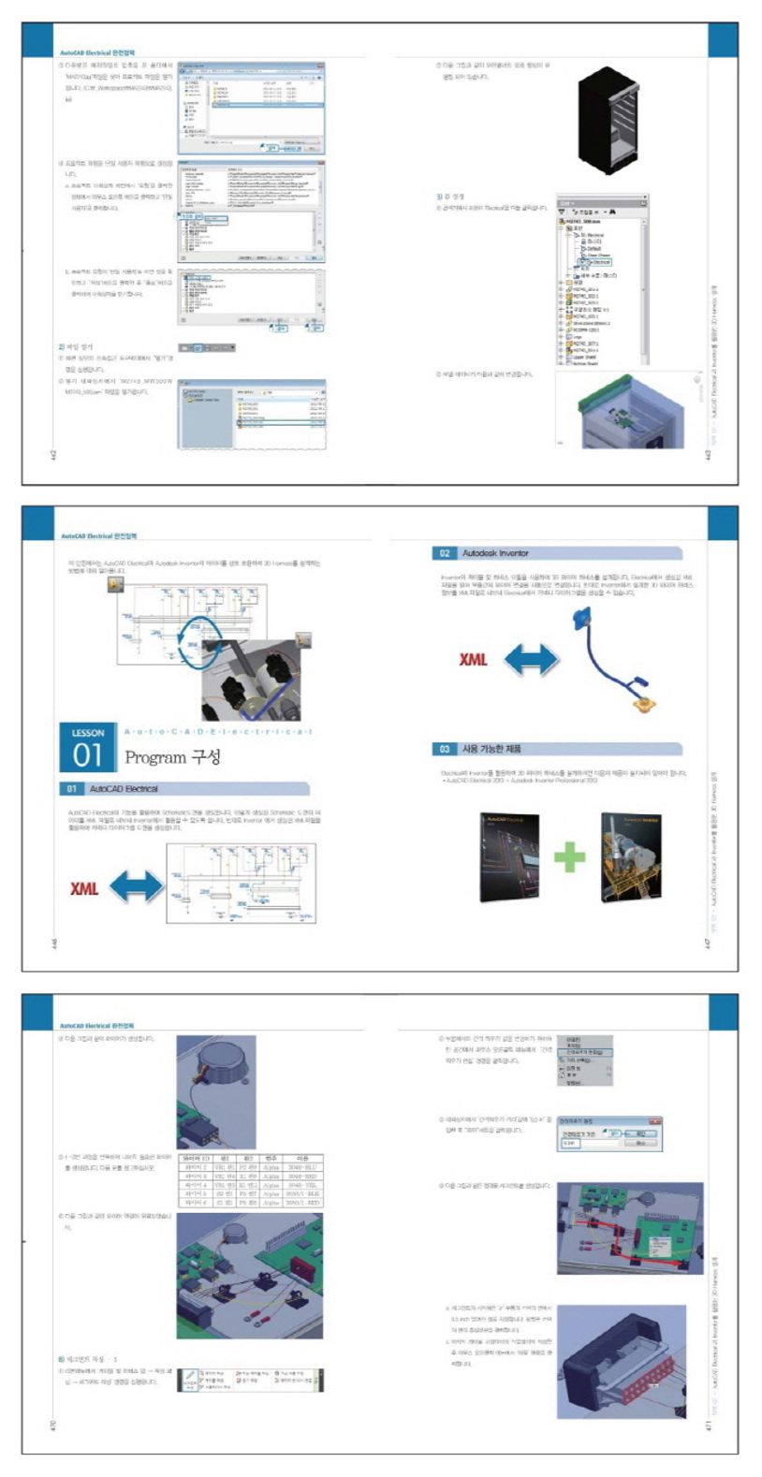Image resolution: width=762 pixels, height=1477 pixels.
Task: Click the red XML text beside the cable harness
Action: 474,659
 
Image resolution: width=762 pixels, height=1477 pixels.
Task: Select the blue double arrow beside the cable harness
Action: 531,659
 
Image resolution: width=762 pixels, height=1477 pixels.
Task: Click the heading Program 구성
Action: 173,756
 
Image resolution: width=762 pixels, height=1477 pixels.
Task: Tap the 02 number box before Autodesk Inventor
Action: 445,553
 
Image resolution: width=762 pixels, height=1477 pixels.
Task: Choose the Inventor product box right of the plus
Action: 630,855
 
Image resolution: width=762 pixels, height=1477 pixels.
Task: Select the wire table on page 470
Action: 250,1180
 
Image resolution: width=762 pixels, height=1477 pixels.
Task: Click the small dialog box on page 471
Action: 609,1133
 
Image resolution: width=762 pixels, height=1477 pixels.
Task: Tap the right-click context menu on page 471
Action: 586,1060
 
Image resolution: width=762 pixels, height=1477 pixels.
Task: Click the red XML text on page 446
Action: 84,886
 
